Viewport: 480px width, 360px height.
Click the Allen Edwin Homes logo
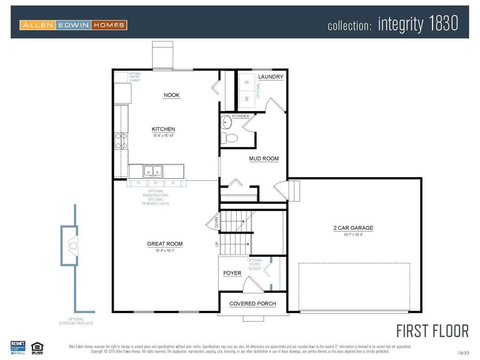click(x=73, y=25)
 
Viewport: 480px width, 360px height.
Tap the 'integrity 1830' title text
click(x=418, y=24)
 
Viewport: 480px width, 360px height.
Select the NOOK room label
click(x=171, y=95)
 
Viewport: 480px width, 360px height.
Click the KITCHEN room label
click(x=163, y=129)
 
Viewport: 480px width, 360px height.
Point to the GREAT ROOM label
click(x=165, y=244)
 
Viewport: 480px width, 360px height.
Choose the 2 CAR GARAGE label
click(x=353, y=228)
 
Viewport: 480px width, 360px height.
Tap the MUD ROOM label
click(x=263, y=158)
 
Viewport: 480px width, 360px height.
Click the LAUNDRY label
click(x=270, y=77)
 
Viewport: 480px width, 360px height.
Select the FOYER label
click(x=232, y=273)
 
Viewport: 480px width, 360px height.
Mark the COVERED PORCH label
click(x=252, y=303)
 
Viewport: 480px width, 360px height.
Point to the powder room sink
click(x=226, y=122)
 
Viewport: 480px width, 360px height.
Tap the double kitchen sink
click(x=153, y=172)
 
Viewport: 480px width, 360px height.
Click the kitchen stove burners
click(x=121, y=140)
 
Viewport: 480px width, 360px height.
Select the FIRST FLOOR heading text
click(x=432, y=331)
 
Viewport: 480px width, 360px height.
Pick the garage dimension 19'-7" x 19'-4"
click(x=353, y=234)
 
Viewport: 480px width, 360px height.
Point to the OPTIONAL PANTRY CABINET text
click(x=134, y=78)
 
